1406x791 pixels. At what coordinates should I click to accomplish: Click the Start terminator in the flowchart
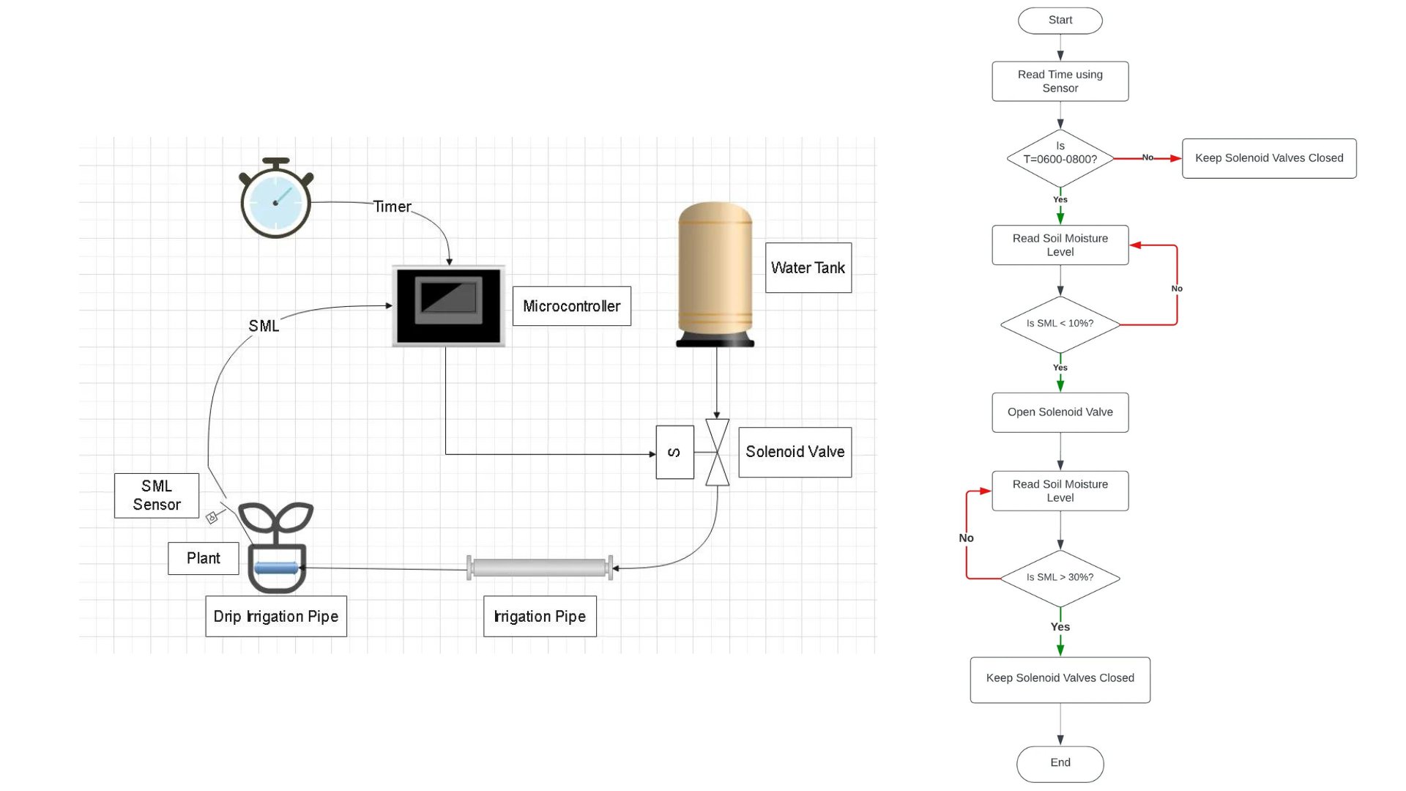1060,21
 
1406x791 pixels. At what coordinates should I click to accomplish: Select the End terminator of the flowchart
1060,763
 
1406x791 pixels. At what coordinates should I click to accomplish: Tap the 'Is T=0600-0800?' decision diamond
1060,157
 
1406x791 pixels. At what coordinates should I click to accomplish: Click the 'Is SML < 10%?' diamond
1060,324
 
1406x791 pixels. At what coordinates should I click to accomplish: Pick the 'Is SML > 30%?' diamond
1060,578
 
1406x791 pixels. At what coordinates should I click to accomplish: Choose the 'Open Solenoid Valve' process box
1060,412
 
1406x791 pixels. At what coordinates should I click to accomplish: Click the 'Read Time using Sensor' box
1060,81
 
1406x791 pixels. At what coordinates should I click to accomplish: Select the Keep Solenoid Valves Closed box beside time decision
1268,158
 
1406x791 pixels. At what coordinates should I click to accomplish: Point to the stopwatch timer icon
275,200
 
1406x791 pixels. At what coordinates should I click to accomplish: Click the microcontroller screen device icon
448,305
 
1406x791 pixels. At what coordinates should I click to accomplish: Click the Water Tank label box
808,268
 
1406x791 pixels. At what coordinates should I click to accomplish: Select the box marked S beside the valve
674,453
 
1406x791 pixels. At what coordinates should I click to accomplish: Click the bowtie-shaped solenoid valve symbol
717,453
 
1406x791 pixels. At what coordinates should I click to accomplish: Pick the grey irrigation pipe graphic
540,568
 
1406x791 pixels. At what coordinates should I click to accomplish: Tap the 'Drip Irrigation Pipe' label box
276,617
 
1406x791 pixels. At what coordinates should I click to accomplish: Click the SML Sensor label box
156,496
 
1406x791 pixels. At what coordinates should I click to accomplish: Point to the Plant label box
203,559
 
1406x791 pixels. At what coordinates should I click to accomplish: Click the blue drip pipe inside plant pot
276,568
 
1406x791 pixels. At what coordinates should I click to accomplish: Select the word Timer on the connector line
393,207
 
